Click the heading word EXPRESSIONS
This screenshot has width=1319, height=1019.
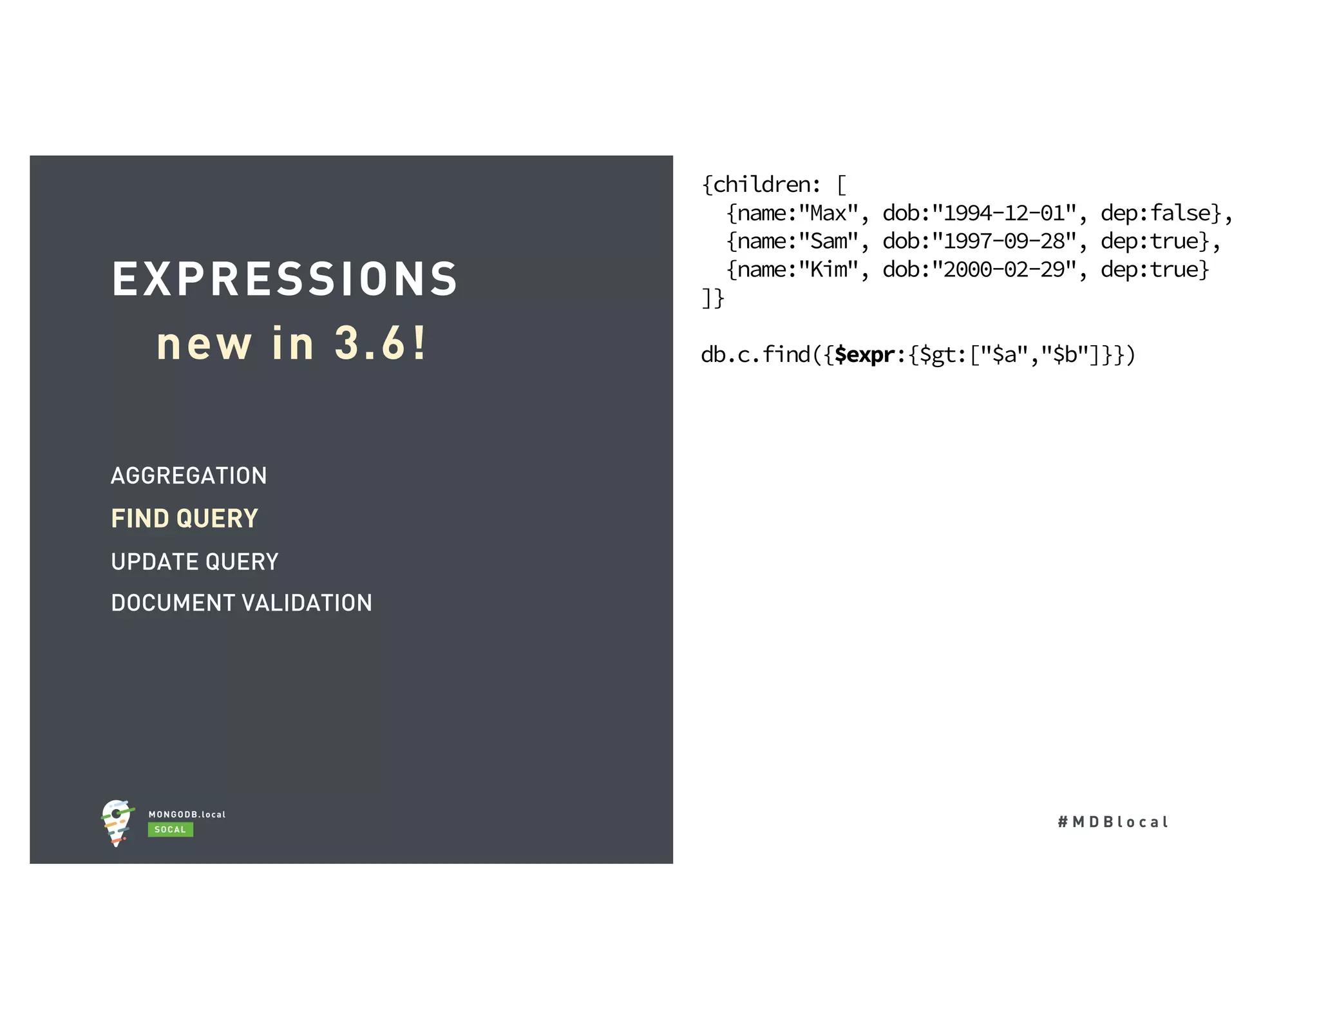click(285, 280)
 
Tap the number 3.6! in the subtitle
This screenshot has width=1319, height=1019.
click(380, 343)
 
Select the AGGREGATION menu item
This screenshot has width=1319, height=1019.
click(189, 476)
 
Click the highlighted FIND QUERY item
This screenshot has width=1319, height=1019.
click(184, 519)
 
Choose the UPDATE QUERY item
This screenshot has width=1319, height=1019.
click(195, 562)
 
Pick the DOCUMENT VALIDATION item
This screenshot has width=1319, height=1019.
click(242, 603)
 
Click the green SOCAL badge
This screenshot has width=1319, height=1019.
click(170, 830)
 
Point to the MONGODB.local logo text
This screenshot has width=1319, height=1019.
click(187, 815)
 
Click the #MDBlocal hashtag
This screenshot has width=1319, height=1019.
click(1113, 822)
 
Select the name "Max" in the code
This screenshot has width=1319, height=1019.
click(828, 213)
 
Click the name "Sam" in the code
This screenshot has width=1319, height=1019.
click(828, 242)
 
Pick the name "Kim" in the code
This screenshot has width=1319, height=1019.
click(828, 270)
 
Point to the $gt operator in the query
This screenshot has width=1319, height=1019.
click(939, 355)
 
